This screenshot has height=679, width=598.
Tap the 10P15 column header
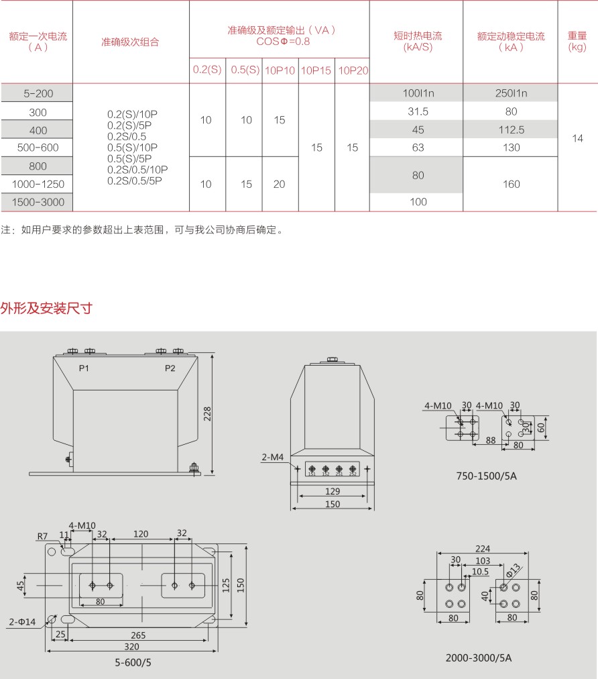pos(316,70)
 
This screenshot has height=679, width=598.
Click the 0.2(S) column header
pos(207,70)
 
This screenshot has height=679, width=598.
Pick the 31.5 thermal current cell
pos(418,111)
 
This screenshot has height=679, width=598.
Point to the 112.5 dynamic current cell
pos(511,129)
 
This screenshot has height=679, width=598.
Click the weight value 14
pos(577,138)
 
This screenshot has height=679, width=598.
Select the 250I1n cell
pos(511,93)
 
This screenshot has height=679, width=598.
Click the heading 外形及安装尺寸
pos(46,309)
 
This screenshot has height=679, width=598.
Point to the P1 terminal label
pos(84,368)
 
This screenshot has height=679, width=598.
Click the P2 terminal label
pos(170,368)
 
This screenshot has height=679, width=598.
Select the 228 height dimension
pos(208,415)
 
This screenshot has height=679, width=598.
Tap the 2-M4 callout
pos(273,458)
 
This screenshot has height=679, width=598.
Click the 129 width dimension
pos(333,492)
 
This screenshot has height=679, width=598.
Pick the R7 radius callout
pos(42,535)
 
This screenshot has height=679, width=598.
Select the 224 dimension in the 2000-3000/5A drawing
pos(481,548)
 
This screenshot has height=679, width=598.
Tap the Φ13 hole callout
pos(513,570)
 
